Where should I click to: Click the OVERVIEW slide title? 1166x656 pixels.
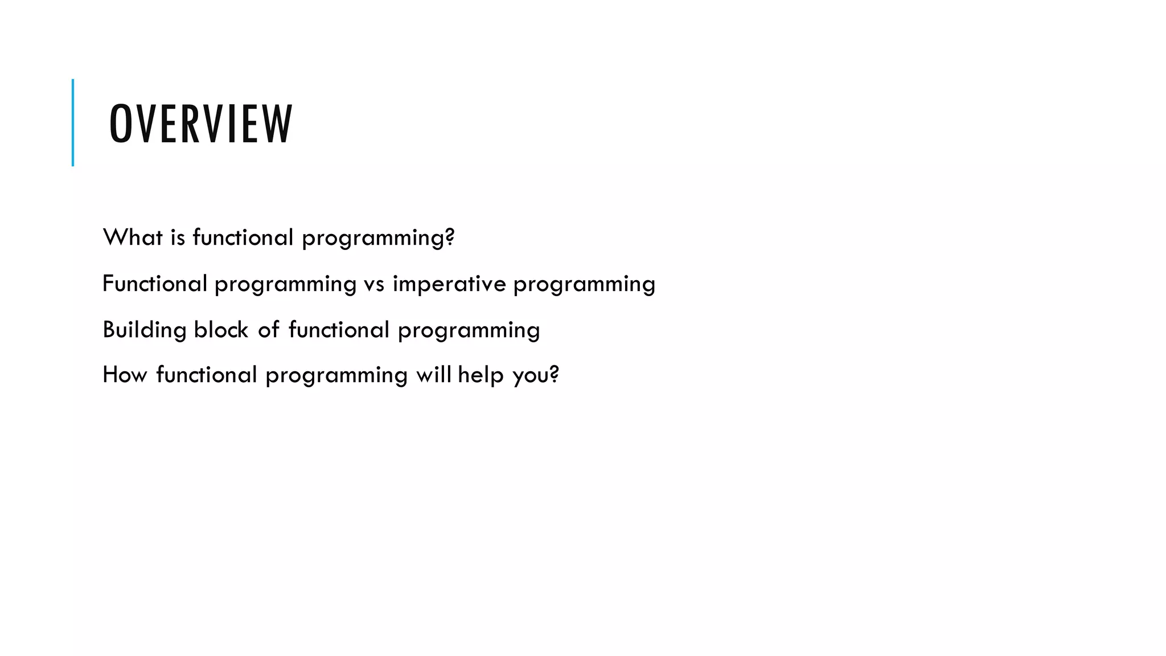(x=200, y=124)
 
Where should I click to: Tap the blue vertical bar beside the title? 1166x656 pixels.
(x=73, y=122)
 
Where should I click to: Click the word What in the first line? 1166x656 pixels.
(x=133, y=237)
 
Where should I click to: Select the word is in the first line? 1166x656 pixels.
(x=178, y=237)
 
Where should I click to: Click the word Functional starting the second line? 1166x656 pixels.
(x=154, y=284)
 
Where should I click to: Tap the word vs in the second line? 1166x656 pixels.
(x=374, y=284)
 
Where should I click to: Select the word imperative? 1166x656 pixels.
(x=449, y=284)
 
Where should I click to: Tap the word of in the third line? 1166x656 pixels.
(x=268, y=330)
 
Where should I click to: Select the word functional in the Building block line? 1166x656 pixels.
(x=339, y=330)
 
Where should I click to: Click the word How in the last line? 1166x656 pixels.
(x=125, y=375)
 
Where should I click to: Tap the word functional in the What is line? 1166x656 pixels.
(x=243, y=237)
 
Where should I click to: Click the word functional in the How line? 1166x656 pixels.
(x=207, y=375)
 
